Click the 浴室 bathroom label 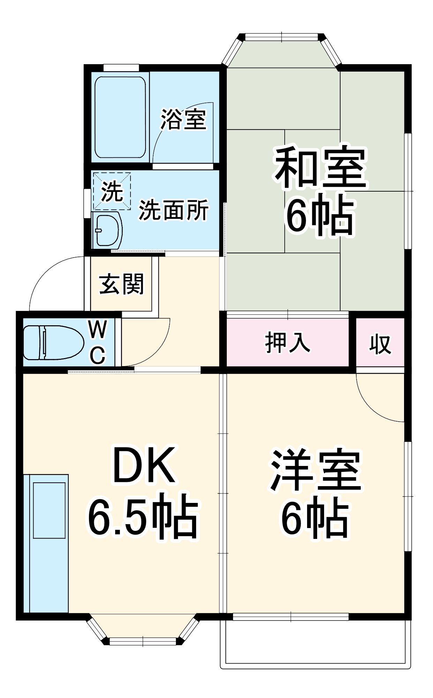183,119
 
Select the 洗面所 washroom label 174,210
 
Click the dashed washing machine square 112,191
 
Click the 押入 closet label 288,342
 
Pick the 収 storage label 380,344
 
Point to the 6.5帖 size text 143,516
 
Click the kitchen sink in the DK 49,510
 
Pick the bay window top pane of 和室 282,36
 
